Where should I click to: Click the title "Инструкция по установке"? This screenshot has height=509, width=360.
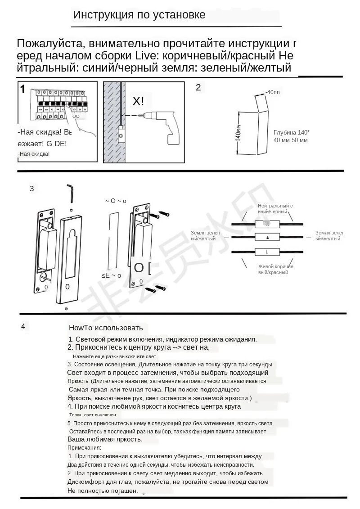(x=139, y=15)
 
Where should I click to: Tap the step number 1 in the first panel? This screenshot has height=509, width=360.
(x=23, y=89)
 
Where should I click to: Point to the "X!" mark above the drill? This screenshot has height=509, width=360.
(x=139, y=101)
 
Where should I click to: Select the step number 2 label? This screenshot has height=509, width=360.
(x=198, y=88)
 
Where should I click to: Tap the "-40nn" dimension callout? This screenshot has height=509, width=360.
(x=272, y=92)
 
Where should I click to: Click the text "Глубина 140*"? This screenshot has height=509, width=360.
(x=291, y=132)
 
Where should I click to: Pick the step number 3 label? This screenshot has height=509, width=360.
(x=31, y=189)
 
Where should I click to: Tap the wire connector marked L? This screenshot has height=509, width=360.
(x=267, y=252)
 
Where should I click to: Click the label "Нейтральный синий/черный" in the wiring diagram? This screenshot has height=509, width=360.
(x=275, y=208)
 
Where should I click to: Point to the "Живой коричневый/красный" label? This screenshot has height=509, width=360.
(x=275, y=270)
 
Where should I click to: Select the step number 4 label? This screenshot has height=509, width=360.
(x=23, y=326)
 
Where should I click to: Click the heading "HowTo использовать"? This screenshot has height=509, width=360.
(x=106, y=328)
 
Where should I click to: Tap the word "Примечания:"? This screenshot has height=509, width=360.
(x=84, y=447)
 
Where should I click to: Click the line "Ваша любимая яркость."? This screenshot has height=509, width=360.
(x=105, y=439)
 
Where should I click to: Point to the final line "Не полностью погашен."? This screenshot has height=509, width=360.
(x=102, y=491)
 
